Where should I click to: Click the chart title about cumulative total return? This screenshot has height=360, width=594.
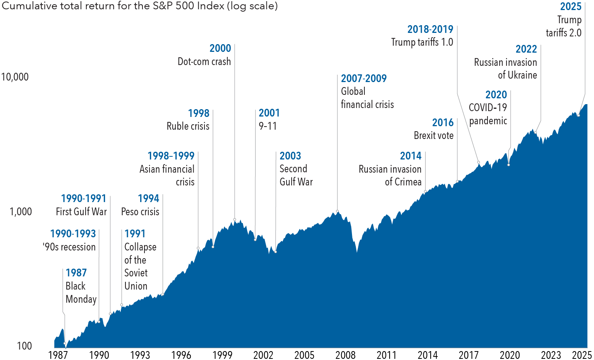(139, 6)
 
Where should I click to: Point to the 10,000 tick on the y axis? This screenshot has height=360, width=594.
(15, 77)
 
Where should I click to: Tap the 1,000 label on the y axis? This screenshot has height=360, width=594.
(21, 211)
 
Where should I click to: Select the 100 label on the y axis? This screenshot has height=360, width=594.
(24, 346)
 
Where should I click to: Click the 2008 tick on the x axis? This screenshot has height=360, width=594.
(345, 355)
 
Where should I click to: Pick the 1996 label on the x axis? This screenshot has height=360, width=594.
(181, 355)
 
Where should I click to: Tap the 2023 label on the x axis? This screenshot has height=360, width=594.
(551, 355)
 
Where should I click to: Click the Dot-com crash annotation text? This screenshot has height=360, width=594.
(204, 62)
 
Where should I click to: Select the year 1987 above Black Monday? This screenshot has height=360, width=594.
(76, 273)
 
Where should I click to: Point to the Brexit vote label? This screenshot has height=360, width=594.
(433, 135)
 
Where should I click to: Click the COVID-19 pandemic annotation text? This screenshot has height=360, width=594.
(488, 114)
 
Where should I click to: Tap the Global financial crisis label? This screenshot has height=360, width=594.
(367, 98)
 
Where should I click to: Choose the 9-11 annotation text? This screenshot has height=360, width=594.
(268, 126)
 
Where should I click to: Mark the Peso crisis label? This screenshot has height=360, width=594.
(140, 212)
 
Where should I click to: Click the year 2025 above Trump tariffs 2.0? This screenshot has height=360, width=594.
(570, 7)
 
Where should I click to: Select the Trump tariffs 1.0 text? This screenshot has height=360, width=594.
(422, 42)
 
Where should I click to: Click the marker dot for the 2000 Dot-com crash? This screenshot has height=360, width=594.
(235, 219)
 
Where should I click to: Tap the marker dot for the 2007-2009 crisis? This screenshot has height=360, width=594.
(337, 211)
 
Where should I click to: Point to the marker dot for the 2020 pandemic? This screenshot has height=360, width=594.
(508, 165)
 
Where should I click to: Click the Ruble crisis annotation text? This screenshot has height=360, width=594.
(188, 126)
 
